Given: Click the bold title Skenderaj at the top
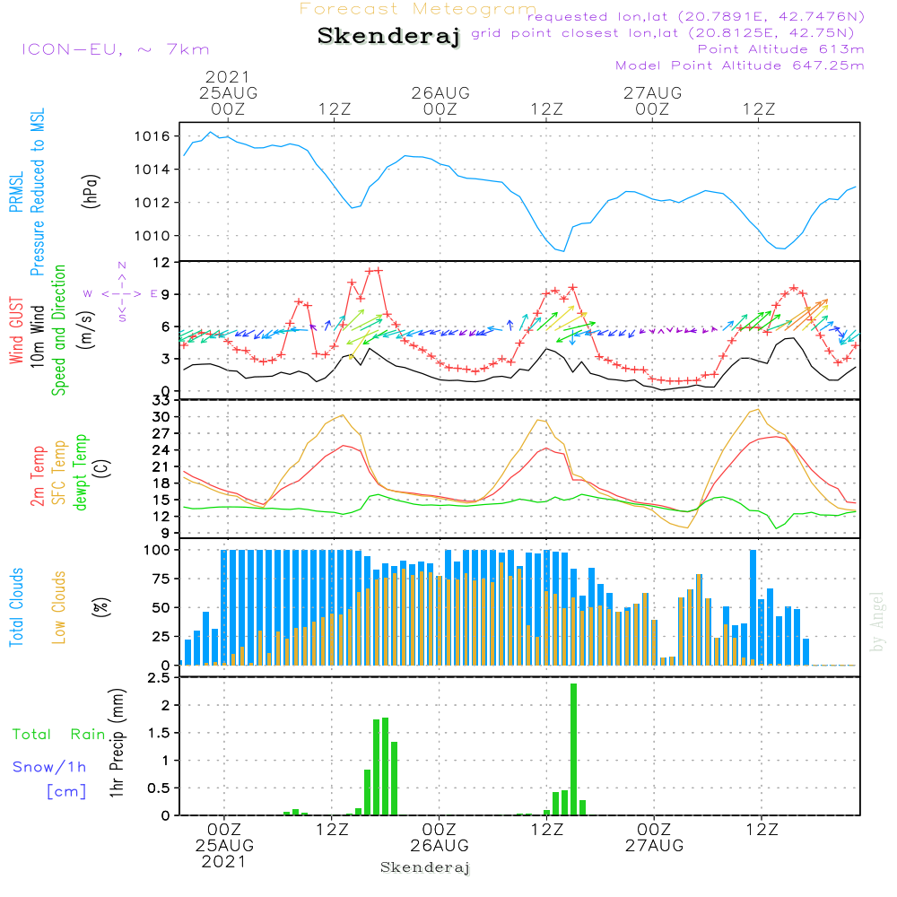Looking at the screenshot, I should (x=388, y=37).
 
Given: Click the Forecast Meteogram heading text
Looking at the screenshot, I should (x=418, y=9).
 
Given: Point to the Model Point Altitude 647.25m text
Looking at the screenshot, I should (x=740, y=65).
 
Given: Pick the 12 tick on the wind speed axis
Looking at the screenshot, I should (x=162, y=262).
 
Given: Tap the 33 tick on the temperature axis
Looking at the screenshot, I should (x=162, y=400).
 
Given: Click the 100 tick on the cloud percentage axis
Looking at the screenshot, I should (x=159, y=550).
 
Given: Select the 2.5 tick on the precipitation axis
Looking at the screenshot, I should (x=160, y=678).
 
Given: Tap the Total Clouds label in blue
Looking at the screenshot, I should (x=17, y=606).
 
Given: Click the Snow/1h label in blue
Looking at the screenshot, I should (x=49, y=767).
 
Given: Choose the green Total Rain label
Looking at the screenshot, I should (x=58, y=734).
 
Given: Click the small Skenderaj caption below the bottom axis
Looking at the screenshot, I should (x=425, y=867).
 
